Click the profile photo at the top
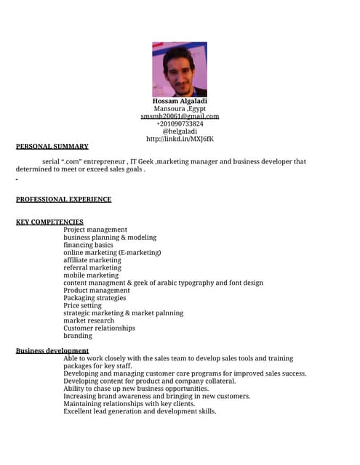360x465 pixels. click(179, 69)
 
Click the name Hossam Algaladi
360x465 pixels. click(180, 101)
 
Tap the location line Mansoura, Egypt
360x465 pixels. click(180, 109)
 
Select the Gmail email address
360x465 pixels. click(180, 116)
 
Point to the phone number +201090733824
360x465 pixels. click(180, 124)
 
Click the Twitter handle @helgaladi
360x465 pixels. click(180, 132)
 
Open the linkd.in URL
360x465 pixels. click(180, 139)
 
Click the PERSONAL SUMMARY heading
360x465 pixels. click(52, 146)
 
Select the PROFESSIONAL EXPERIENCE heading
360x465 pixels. click(64, 199)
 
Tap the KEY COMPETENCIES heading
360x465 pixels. click(49, 222)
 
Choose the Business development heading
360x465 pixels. click(52, 351)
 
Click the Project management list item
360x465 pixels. click(95, 230)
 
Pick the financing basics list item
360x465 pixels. click(88, 245)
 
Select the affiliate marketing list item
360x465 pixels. click(92, 260)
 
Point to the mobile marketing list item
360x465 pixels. click(91, 275)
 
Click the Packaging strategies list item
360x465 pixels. click(95, 298)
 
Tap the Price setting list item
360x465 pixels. click(83, 306)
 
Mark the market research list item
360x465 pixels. click(89, 320)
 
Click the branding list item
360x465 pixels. click(78, 336)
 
